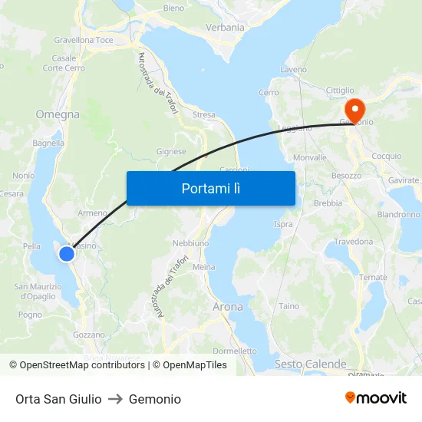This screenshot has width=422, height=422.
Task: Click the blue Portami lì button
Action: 210,188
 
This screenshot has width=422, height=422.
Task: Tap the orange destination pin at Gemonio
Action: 354,109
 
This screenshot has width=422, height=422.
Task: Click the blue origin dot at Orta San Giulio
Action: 67,252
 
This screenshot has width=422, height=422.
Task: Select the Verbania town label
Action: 225,28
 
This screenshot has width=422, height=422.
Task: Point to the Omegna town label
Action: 58,114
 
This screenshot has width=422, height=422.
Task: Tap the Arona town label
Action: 227,307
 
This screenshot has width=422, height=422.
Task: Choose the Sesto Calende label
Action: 310,364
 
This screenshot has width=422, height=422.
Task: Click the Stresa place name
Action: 204,115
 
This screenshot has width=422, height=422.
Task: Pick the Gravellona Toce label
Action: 84,40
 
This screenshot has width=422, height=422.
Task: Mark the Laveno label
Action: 294,70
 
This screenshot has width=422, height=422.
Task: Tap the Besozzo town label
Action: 346,176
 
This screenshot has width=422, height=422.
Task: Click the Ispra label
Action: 283,225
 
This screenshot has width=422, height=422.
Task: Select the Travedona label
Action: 353,241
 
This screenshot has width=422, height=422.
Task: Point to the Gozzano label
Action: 88,335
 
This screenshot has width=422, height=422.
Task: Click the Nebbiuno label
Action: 190,242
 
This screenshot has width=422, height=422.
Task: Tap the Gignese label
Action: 171,152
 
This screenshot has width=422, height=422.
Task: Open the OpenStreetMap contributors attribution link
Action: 82,365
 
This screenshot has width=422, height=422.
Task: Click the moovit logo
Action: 375,398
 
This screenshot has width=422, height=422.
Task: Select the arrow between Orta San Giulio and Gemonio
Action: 115,399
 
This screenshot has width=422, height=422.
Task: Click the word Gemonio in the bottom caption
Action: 155,399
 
